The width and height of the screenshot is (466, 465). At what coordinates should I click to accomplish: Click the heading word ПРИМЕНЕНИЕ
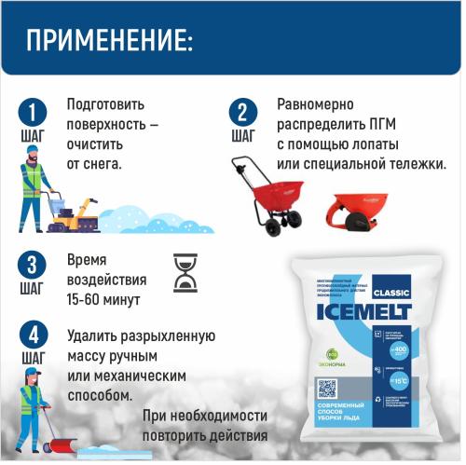coord(109,41)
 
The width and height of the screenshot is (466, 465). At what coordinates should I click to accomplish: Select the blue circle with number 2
coord(243,113)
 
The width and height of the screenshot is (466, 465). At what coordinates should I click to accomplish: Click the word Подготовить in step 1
coord(105,104)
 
